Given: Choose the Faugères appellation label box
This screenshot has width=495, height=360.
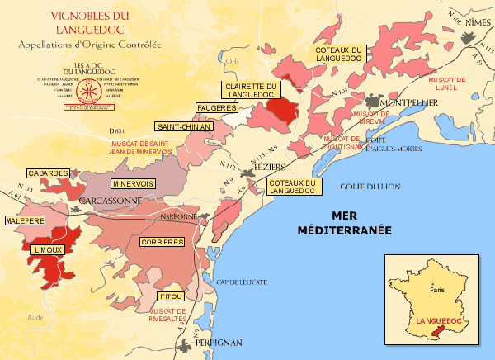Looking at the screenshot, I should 217,108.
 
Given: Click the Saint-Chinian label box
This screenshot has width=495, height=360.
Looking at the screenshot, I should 184,126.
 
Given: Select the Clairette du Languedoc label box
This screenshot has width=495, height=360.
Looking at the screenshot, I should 252,90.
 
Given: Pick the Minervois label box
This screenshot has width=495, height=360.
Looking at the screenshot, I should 131,183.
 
